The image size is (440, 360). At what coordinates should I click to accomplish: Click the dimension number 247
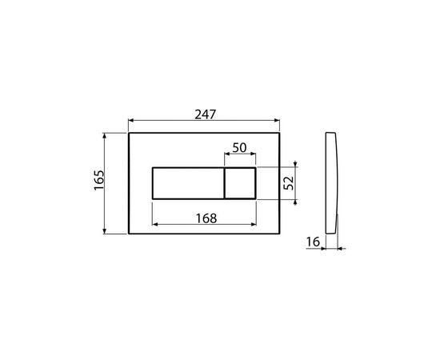[206, 114]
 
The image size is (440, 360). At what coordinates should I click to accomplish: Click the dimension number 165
[99, 180]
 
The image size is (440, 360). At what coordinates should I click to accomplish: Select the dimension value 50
[239, 147]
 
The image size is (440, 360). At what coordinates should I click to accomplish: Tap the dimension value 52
[289, 183]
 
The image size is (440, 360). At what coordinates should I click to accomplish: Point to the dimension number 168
[206, 218]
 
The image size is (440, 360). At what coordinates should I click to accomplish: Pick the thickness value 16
[313, 242]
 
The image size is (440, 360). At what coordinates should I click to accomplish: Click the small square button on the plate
[240, 183]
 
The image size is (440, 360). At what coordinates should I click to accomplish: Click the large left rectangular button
[188, 183]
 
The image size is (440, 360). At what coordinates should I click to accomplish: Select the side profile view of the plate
[332, 182]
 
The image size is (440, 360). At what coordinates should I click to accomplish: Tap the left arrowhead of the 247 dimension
[130, 121]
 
